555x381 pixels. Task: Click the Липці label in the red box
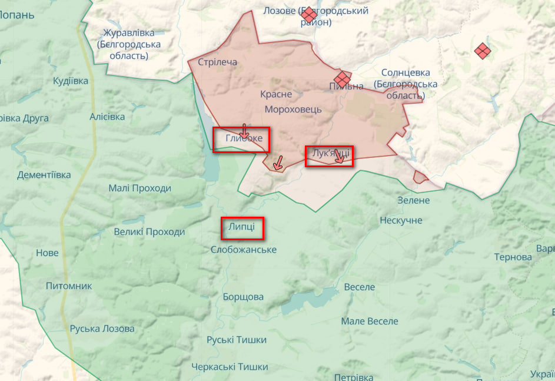[x=241, y=228]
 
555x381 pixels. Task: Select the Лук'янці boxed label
[x=328, y=154]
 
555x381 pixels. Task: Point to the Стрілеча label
[x=217, y=62]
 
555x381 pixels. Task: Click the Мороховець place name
[x=293, y=110]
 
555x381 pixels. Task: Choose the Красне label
[x=276, y=94]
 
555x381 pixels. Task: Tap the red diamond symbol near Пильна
[x=342, y=79]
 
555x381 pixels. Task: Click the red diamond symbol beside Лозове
[x=308, y=15]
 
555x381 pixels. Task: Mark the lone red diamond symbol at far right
[x=482, y=51]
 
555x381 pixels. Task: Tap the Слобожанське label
[x=244, y=250]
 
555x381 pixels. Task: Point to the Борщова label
[x=243, y=297]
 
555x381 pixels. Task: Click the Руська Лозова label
[x=102, y=329]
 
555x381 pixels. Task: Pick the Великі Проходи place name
[x=149, y=232]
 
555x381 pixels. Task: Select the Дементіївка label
[x=44, y=175]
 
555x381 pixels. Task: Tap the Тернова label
[x=513, y=257]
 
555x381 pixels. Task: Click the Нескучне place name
[x=401, y=220]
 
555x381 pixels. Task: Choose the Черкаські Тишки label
[x=230, y=367]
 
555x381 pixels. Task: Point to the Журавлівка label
[x=128, y=33]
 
